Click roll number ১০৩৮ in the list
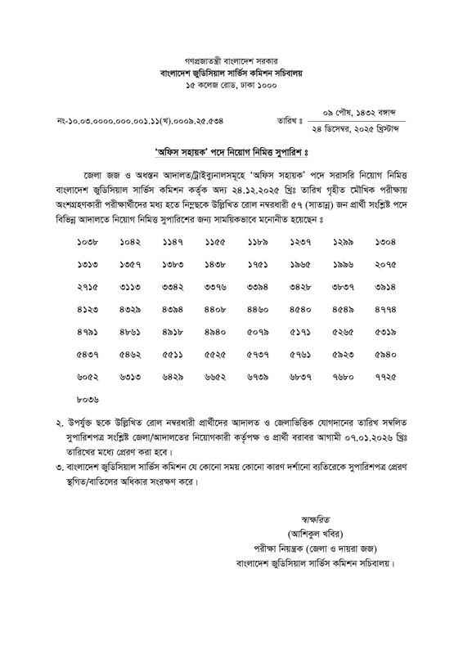pyautogui.click(x=87, y=243)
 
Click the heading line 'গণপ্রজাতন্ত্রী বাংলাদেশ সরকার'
pyautogui.click(x=232, y=62)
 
